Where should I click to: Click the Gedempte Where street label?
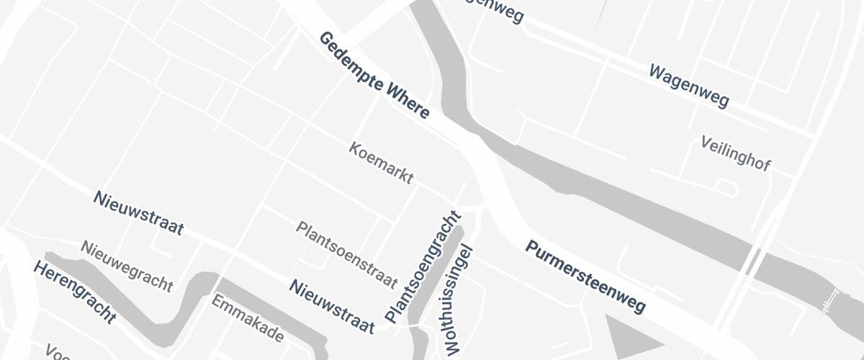pos(374,75)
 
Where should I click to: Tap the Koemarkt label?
pos(381,163)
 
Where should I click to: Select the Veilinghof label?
pos(736,153)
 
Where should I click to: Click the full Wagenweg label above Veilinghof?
pos(689,86)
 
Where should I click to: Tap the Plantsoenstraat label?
pos(347,253)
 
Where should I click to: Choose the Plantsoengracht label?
pos(423,266)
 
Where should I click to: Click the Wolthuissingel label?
pos(459,300)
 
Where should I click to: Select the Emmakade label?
pos(247,318)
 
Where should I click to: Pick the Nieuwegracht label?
pos(127,266)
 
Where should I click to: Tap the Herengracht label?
pos(74,292)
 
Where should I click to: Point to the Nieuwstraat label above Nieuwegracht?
pos(138,213)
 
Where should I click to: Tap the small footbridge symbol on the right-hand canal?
pos(833,298)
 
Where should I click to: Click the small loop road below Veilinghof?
pos(726,187)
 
